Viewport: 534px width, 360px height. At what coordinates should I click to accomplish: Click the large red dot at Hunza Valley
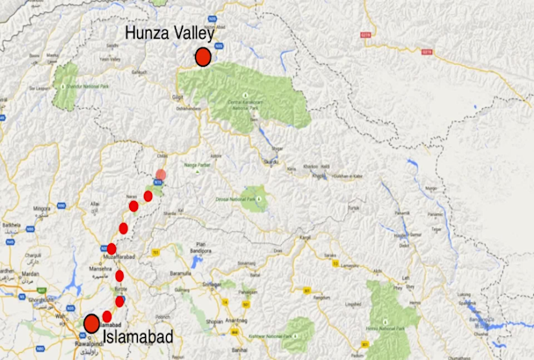pos(203,58)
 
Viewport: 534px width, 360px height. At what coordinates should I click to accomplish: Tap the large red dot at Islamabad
pos(91,324)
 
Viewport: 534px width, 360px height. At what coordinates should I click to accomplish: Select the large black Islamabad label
pos(136,336)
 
